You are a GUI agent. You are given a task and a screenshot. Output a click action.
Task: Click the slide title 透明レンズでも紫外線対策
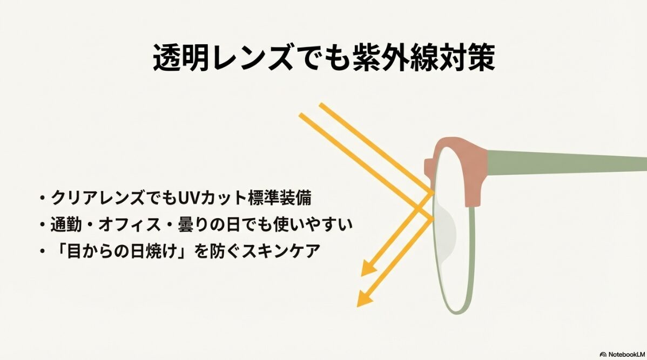tap(323, 58)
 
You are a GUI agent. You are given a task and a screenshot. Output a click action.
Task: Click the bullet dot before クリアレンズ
tap(42, 199)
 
